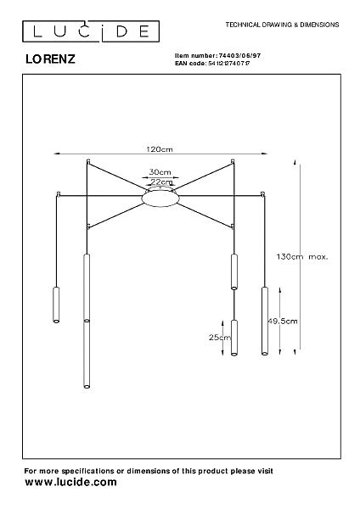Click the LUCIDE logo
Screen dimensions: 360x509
91,31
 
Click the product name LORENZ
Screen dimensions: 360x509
50,59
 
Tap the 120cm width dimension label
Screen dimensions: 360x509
160,149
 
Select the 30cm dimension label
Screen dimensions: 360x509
160,172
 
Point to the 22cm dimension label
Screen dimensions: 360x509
161,182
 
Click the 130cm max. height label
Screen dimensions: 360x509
302,256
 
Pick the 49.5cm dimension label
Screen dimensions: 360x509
283,321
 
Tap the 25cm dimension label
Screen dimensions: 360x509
220,338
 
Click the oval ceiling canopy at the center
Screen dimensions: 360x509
160,198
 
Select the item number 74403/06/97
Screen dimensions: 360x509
239,55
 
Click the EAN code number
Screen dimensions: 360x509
228,64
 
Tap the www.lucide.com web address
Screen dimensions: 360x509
70,483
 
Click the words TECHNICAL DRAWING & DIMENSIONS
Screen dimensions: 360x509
283,25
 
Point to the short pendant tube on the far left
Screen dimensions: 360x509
56,305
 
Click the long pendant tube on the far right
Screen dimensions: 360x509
265,321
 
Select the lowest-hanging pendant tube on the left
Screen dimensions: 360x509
87,354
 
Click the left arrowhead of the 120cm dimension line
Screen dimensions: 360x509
57,154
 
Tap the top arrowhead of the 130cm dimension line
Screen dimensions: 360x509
295,162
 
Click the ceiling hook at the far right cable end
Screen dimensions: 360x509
262,194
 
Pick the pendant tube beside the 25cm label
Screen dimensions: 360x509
234,338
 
